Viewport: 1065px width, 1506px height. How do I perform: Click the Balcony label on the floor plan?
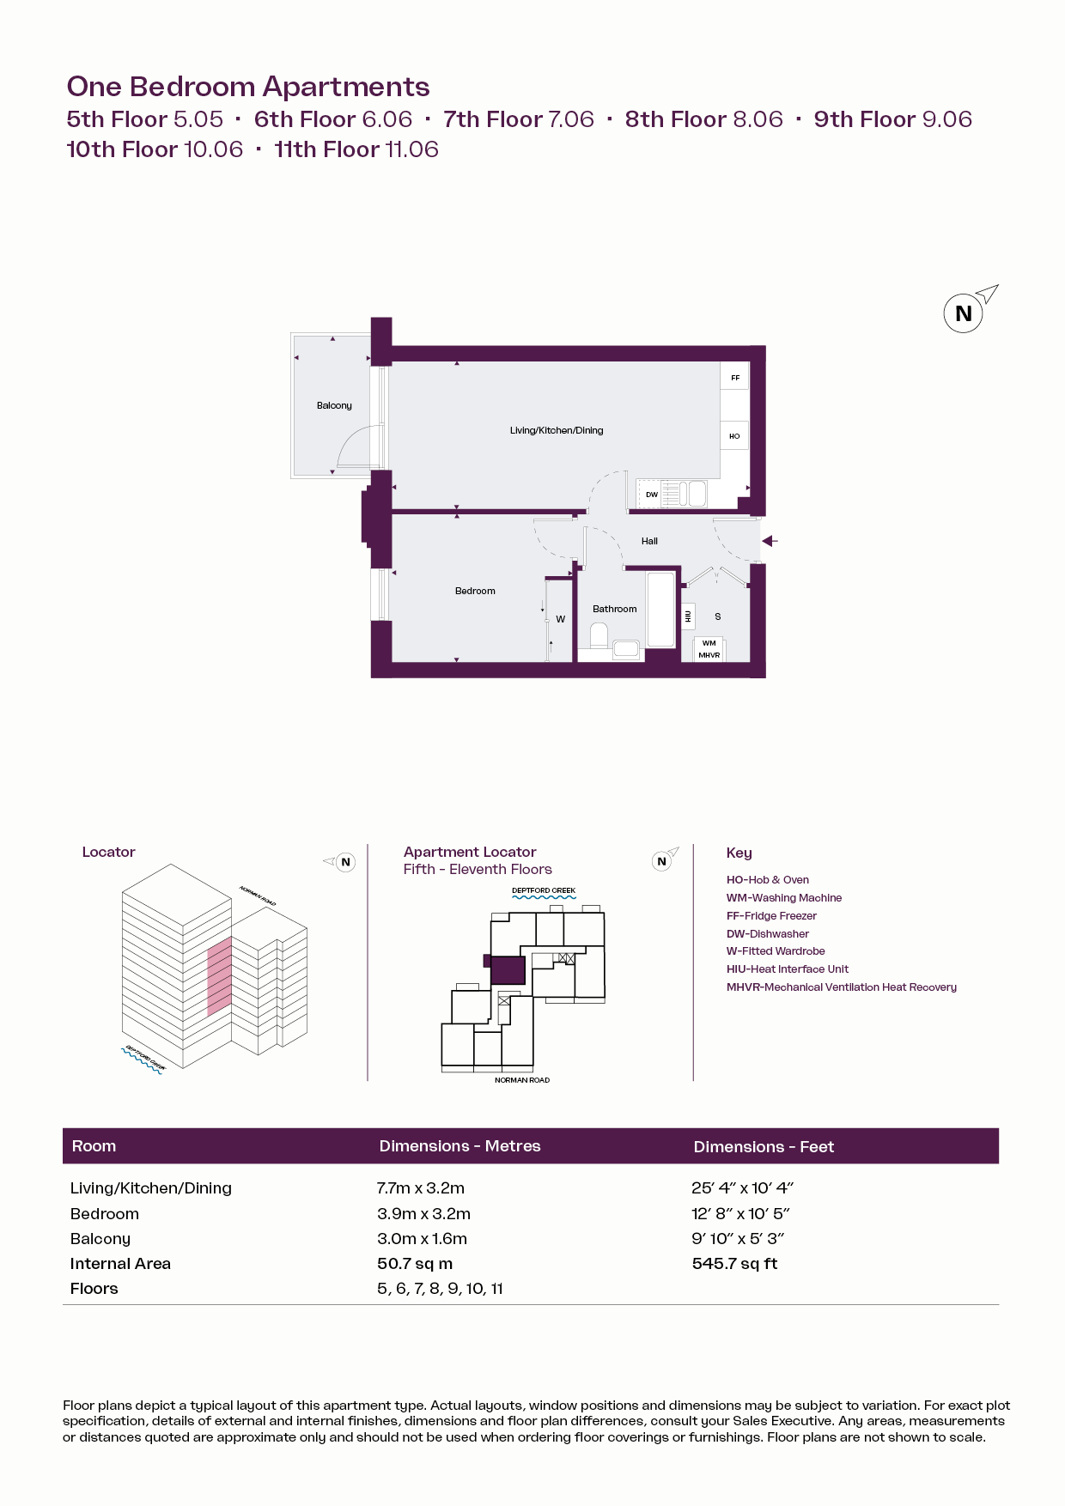[334, 405]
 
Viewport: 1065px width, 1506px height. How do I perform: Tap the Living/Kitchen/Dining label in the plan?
[557, 430]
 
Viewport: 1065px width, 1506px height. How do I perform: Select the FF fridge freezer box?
[735, 378]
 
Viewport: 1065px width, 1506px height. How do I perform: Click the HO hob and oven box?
[734, 436]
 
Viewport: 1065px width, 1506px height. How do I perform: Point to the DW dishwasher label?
[652, 495]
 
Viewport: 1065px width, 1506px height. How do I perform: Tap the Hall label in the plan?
[649, 541]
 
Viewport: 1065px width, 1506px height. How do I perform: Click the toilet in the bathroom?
[599, 636]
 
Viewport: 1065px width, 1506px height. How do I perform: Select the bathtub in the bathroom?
[661, 609]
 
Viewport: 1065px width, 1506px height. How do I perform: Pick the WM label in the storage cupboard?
[709, 643]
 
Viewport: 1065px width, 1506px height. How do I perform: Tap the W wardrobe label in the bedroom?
[561, 619]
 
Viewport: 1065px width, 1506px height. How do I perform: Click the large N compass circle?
[964, 313]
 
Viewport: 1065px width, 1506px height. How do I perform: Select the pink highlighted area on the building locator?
[220, 977]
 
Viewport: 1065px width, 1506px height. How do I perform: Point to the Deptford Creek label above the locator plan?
[544, 890]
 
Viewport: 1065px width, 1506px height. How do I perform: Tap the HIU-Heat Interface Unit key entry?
[788, 969]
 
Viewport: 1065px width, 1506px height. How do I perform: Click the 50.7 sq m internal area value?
[415, 1264]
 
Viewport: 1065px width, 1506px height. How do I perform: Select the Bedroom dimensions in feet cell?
[740, 1214]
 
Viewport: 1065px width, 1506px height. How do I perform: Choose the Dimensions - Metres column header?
[460, 1146]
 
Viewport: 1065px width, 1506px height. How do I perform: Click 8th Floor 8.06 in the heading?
[704, 119]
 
